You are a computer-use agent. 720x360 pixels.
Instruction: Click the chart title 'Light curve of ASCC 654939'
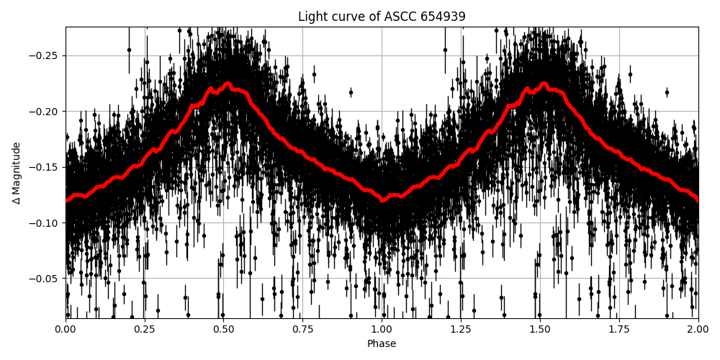[x=382, y=17]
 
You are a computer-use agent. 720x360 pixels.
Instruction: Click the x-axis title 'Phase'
[x=382, y=344]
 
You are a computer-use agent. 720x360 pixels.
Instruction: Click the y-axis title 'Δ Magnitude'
[x=16, y=173]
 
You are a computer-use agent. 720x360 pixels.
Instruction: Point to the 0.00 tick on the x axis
[x=66, y=330]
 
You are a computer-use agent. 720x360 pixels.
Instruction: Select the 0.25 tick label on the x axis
[x=145, y=330]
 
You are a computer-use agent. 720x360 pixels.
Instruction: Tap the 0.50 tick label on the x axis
[x=224, y=330]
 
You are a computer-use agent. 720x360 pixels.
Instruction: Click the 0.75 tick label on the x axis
[x=302, y=330]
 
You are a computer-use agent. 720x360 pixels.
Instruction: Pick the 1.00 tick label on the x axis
[x=382, y=330]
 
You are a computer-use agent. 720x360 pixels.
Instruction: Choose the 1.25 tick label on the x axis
[x=461, y=330]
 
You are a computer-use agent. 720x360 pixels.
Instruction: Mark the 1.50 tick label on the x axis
[x=540, y=330]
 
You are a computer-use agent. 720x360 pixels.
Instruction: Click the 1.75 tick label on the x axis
[x=619, y=330]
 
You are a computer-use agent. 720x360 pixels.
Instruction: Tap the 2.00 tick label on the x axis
[x=698, y=330]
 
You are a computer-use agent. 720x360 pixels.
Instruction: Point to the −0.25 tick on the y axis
[x=45, y=55]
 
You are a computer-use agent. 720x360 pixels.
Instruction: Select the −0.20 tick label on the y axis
[x=45, y=112]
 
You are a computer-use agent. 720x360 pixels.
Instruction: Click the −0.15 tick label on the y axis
[x=45, y=167]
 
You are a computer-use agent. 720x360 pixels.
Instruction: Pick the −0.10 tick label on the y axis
[x=45, y=222]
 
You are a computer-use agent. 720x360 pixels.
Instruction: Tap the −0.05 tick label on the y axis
[x=45, y=279]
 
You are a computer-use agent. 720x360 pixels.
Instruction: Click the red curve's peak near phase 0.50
[x=228, y=84]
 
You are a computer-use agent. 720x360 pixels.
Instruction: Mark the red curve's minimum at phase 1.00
[x=382, y=199]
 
